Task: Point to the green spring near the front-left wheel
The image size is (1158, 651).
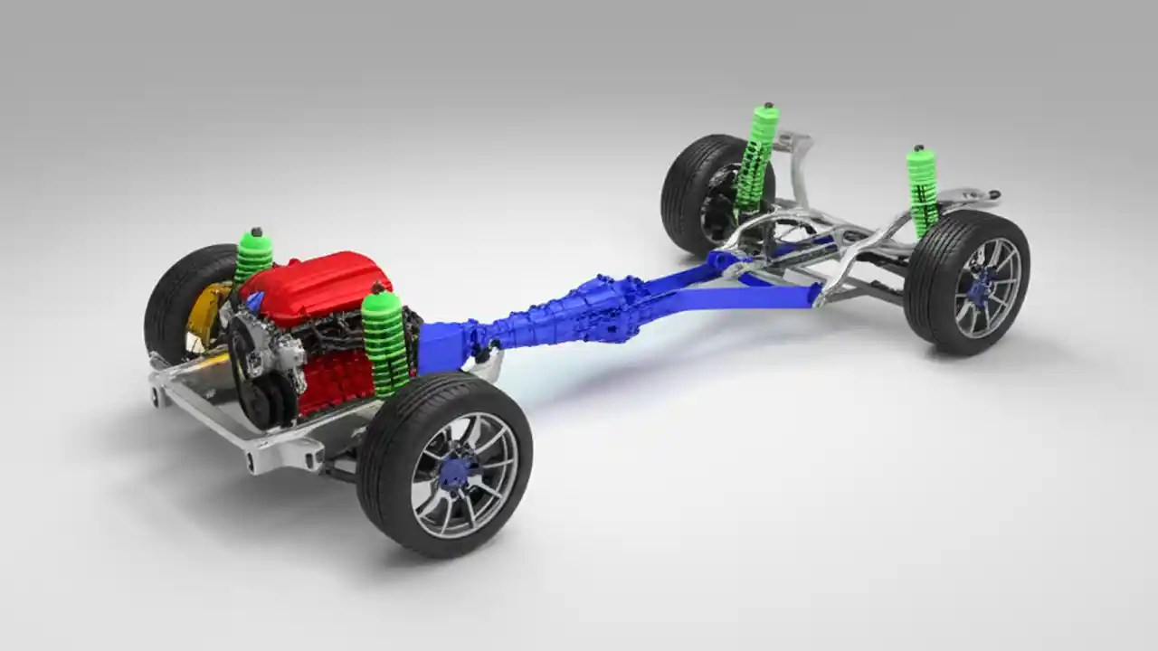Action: pos(252,258)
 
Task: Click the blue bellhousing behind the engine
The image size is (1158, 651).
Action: pos(443,344)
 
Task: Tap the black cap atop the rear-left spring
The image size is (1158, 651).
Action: pos(769,108)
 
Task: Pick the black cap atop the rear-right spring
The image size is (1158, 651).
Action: pos(918,148)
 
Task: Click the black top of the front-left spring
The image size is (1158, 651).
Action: pos(256,232)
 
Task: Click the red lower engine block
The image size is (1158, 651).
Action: pos(335,384)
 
